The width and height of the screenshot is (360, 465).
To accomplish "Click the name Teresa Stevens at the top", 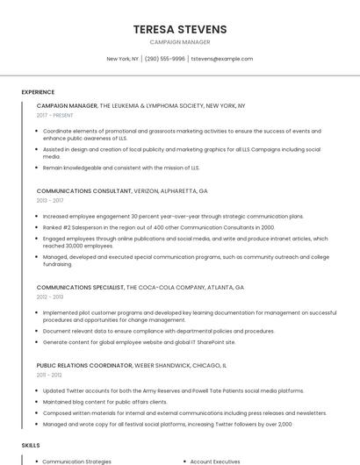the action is [x=179, y=29].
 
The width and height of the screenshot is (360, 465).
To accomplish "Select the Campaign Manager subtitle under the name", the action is [x=179, y=41].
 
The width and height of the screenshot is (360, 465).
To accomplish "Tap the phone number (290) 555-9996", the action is [x=165, y=59].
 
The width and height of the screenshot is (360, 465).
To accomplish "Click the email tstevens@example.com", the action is [x=221, y=59].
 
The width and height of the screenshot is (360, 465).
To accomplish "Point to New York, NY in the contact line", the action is [x=123, y=59].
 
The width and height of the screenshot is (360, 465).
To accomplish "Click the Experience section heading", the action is [x=38, y=92].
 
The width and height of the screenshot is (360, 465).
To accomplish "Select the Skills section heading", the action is [x=31, y=446].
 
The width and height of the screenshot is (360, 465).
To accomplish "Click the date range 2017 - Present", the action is [x=54, y=115].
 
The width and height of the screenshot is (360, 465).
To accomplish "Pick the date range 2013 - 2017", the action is [x=50, y=200].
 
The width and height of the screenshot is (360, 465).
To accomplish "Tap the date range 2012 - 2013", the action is [x=50, y=297].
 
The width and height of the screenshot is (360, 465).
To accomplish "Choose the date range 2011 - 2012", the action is [x=49, y=375].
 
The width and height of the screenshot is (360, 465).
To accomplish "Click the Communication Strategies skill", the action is [x=77, y=461].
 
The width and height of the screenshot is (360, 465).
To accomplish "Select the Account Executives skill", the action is [x=215, y=461].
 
